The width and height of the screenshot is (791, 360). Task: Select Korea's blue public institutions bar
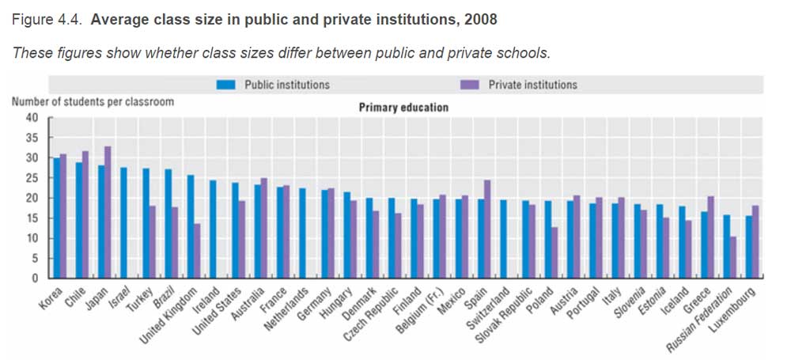55,218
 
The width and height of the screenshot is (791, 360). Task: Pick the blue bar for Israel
123,222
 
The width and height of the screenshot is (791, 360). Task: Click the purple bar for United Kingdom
197,250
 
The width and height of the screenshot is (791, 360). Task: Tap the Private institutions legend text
532,85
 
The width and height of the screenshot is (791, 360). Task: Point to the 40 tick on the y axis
32,117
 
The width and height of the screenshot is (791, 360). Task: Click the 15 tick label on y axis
32,238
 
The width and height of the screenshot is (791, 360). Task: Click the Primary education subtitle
403,107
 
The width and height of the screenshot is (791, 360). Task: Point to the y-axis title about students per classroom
93,101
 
